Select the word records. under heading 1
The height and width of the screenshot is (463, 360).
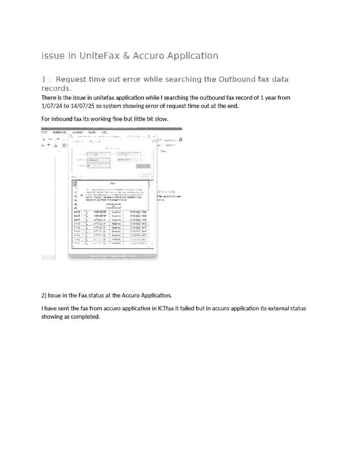56,88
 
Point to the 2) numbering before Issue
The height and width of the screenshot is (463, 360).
44,295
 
